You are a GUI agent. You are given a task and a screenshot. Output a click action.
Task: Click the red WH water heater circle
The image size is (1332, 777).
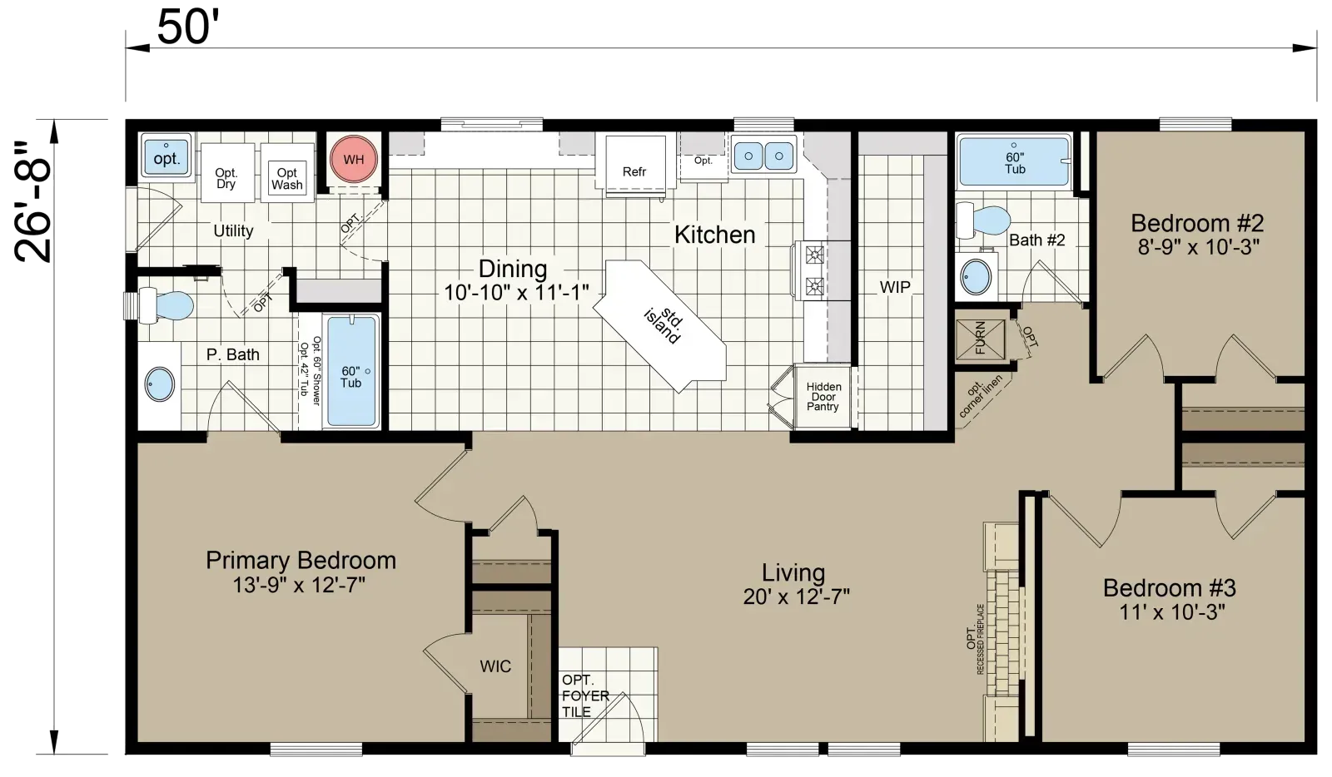tap(354, 159)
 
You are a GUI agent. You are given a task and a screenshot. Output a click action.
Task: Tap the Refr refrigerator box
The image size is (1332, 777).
tap(635, 165)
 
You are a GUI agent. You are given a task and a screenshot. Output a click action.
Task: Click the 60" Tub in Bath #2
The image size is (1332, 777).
tap(1015, 162)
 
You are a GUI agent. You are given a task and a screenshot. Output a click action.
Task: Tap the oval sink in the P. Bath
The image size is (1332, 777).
tap(160, 384)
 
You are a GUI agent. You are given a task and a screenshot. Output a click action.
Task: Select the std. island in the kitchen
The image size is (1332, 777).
tap(660, 325)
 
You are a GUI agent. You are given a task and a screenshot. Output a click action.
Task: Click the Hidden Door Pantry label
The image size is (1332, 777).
tap(823, 397)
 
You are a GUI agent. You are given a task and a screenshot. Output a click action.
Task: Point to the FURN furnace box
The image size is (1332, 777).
tap(980, 339)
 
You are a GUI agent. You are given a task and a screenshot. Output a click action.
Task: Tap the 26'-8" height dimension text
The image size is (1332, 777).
tap(32, 202)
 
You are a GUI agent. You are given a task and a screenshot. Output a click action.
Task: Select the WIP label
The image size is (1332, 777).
tap(895, 288)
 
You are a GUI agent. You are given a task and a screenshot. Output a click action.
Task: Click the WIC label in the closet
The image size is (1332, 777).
tap(495, 666)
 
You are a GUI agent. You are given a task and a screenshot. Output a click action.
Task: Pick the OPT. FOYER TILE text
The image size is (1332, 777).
tap(586, 695)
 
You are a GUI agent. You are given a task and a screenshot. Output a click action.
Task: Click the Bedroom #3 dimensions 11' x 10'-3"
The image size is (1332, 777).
tap(1172, 611)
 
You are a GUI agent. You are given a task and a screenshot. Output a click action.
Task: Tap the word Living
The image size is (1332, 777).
tap(793, 572)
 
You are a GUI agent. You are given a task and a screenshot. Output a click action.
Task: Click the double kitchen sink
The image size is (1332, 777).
tap(763, 156)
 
